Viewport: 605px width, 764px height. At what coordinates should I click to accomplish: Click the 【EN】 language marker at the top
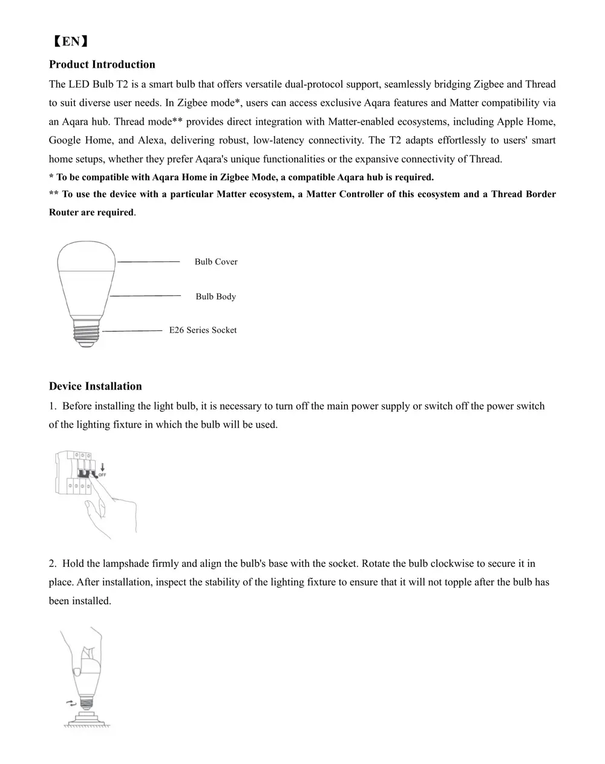click(70, 41)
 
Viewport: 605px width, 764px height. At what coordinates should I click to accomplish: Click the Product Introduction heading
click(102, 64)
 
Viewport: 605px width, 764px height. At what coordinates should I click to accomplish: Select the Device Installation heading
click(95, 386)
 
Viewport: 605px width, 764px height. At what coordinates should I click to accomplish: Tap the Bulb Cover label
click(216, 262)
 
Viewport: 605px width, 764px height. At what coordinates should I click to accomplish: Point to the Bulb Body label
click(215, 296)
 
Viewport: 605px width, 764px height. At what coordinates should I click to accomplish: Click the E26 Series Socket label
click(203, 330)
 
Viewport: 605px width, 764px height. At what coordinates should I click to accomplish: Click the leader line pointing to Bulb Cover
click(148, 261)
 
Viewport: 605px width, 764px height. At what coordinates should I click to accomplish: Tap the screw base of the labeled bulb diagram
click(87, 332)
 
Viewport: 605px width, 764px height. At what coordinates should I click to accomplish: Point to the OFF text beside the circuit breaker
click(102, 475)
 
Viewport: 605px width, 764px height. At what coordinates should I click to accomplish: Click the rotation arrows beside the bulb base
click(71, 702)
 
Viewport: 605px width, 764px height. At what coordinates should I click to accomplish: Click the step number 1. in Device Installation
click(53, 406)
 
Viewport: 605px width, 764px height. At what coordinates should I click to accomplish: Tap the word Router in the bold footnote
click(63, 212)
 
